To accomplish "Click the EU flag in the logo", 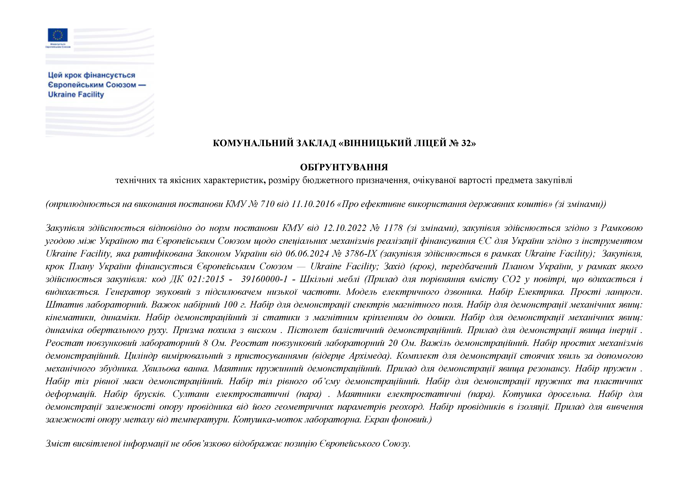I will [58, 35].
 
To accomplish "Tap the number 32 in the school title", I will [466, 143].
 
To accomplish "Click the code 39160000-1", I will [264, 279].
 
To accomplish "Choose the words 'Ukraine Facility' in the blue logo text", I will [76, 95].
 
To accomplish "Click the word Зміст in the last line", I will [57, 444].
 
